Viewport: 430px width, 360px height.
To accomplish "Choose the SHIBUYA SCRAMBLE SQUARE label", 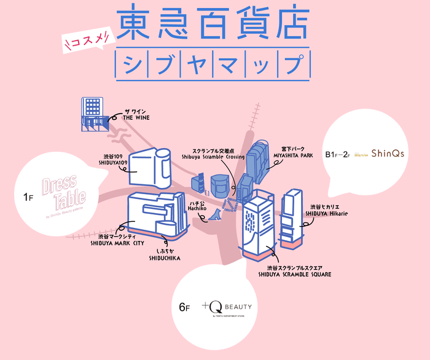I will tap(294, 272).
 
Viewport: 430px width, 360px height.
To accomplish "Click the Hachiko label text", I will tap(199, 205).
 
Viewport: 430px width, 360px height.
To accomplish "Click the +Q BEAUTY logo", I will tap(227, 306).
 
